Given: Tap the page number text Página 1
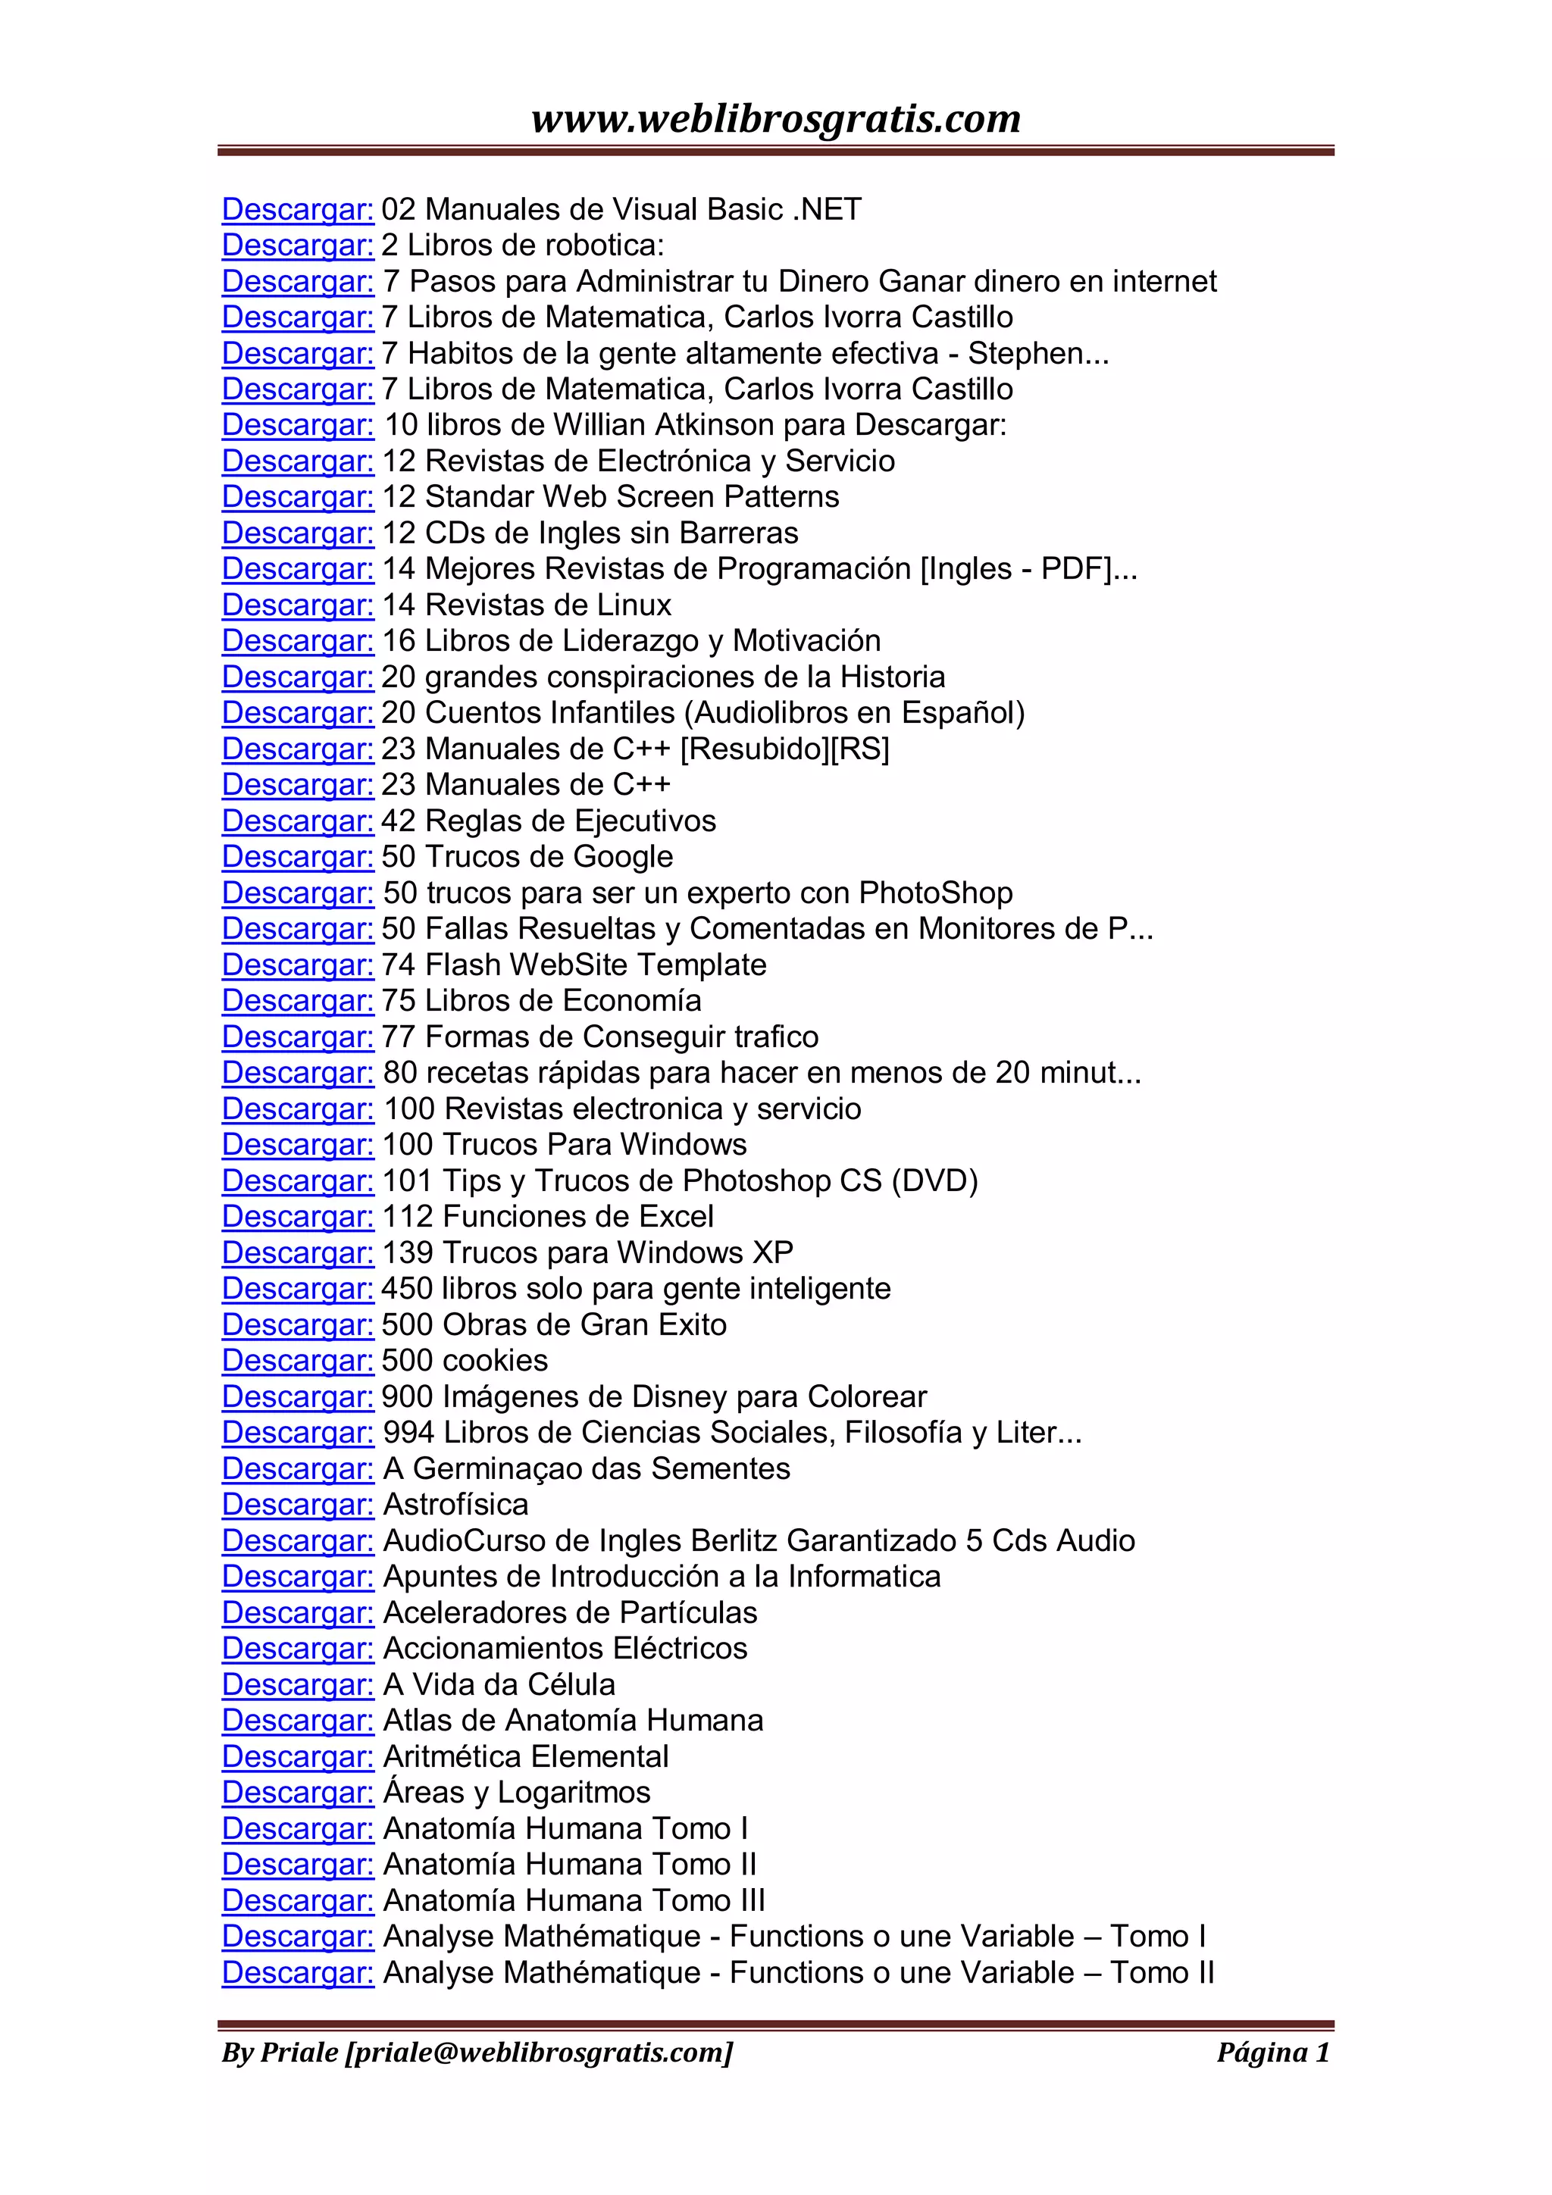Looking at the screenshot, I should [1272, 2052].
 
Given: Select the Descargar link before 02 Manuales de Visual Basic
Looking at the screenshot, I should [297, 209].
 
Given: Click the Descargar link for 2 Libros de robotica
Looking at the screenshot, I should [297, 245].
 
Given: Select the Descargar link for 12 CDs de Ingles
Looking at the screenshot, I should [297, 533].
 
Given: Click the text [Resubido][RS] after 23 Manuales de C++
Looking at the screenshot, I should [784, 749].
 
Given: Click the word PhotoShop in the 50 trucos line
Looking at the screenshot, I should [935, 893].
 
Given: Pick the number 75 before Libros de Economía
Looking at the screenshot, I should [399, 1001].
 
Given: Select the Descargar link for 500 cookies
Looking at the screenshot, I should [297, 1362].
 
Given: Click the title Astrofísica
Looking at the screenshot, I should [455, 1505].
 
